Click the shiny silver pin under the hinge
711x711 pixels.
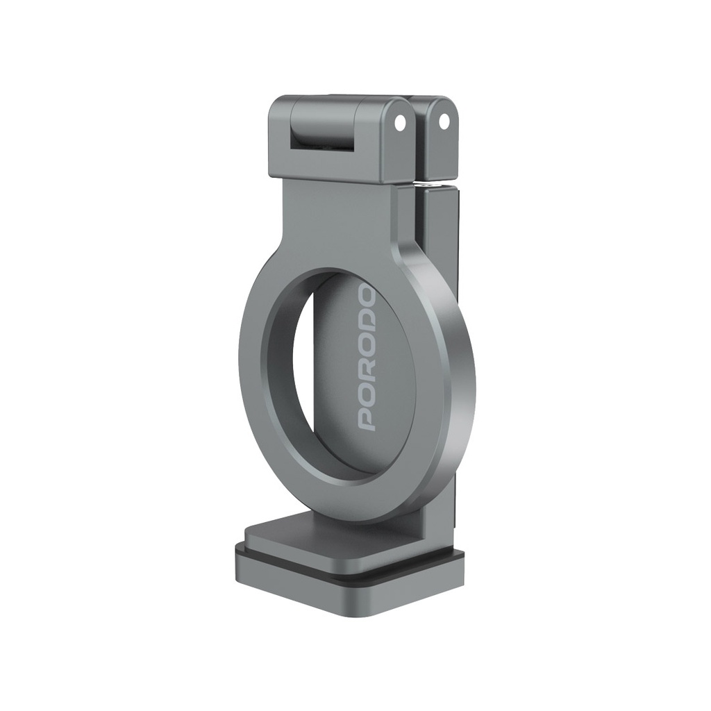tap(432, 185)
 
